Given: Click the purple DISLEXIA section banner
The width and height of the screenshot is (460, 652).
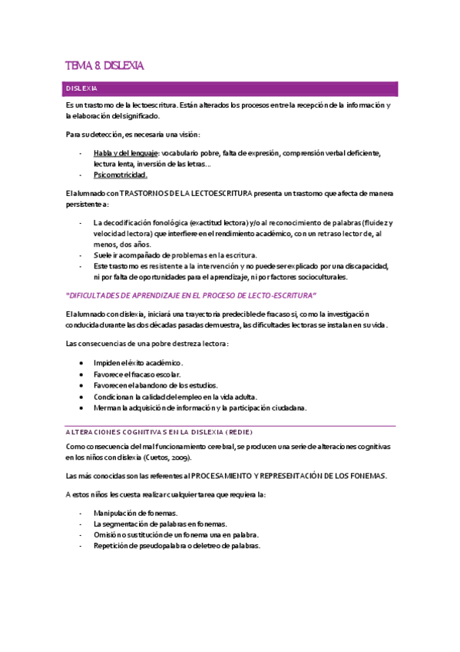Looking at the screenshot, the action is click(230, 88).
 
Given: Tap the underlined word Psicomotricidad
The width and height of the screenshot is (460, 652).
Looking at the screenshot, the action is click(121, 175).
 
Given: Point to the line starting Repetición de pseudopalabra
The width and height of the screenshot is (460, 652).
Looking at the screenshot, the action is click(177, 545).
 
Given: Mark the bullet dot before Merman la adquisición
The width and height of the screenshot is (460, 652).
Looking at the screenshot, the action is click(82, 407).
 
